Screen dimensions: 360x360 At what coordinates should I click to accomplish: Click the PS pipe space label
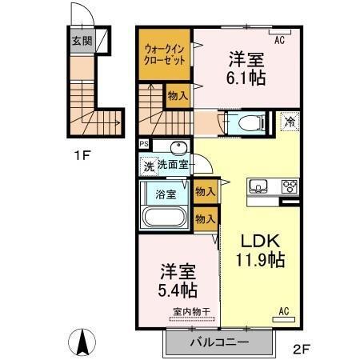pyautogui.click(x=144, y=145)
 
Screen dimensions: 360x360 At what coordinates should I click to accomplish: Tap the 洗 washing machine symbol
pyautogui.click(x=147, y=166)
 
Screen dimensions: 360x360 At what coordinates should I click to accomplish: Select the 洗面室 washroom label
pyautogui.click(x=172, y=165)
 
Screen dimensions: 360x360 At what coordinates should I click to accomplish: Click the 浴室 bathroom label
pyautogui.click(x=166, y=194)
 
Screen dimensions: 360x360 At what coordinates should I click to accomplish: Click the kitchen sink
pyautogui.click(x=258, y=187)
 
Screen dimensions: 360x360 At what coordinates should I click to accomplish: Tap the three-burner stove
pyautogui.click(x=288, y=187)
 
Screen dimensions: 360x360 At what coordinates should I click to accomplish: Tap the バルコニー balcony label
pyautogui.click(x=219, y=342)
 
